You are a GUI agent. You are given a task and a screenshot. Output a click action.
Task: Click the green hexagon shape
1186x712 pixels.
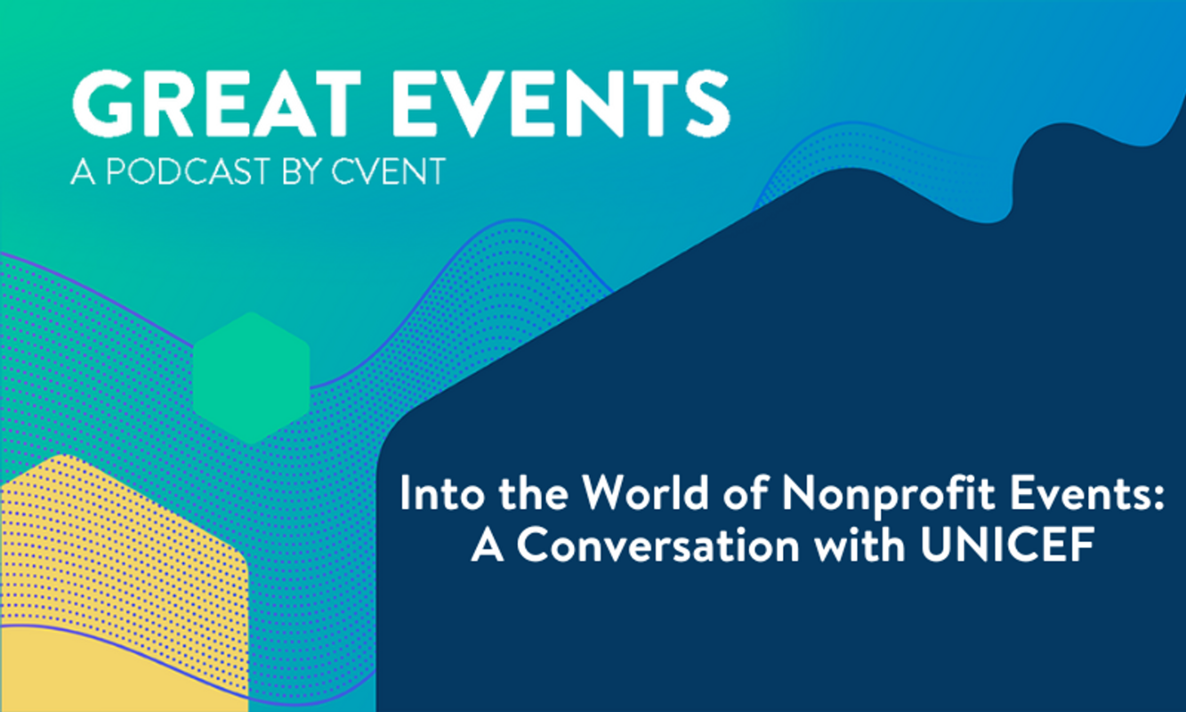pyautogui.click(x=252, y=377)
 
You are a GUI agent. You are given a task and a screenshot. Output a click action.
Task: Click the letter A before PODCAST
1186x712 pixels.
pyautogui.click(x=82, y=172)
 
